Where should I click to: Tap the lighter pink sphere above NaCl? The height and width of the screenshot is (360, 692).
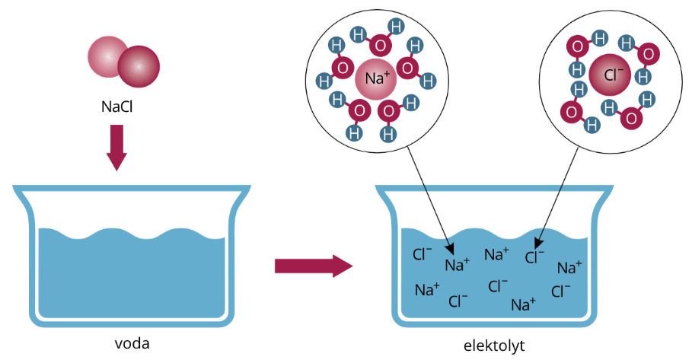[108, 56]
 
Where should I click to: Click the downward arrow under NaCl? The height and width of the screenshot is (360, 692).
[116, 147]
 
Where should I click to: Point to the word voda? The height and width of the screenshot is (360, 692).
[131, 342]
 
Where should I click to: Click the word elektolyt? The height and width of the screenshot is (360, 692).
[494, 346]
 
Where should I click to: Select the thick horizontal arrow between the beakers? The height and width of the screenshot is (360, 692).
[313, 266]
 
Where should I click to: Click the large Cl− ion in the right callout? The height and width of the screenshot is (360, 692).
[612, 75]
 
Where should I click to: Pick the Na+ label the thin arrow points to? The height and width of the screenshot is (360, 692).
[458, 265]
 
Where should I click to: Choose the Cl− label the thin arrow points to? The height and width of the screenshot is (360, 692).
[535, 257]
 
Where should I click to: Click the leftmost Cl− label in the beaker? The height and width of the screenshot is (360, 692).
[422, 254]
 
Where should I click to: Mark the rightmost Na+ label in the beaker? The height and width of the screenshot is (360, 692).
[569, 267]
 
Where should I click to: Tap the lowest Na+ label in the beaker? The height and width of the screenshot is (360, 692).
[523, 304]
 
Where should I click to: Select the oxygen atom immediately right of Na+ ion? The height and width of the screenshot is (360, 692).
[408, 68]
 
